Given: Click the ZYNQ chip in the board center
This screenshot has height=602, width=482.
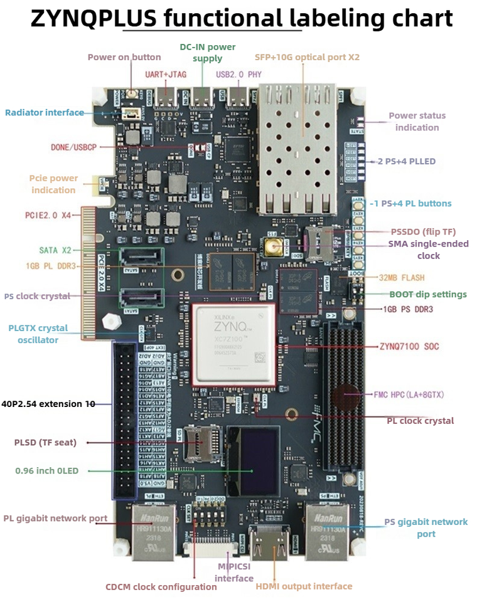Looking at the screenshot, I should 233,344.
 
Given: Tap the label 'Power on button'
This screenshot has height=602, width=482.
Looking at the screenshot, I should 124,57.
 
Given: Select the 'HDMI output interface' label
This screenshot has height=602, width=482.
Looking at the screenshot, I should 304,586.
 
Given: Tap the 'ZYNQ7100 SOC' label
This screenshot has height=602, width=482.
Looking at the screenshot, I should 409,346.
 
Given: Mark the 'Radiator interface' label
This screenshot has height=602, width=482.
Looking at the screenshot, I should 45,113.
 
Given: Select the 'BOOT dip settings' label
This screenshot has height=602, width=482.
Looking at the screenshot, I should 428,294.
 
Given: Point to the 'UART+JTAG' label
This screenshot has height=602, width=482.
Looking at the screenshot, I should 166,74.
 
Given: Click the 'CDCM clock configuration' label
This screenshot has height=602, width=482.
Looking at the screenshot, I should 161,587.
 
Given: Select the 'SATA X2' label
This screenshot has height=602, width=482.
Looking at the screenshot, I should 55,250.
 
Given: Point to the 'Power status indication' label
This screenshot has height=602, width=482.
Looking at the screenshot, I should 417,121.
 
